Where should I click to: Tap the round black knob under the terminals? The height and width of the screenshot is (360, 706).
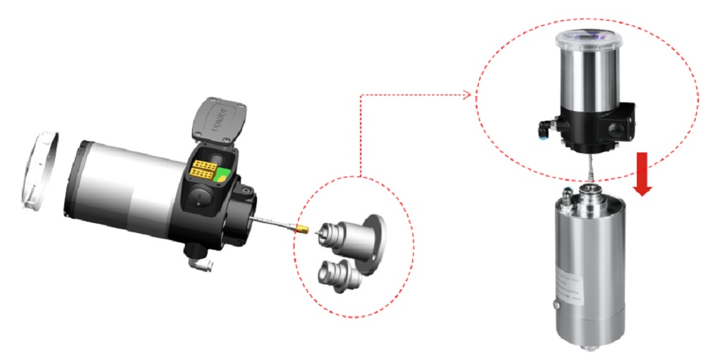click(200, 198)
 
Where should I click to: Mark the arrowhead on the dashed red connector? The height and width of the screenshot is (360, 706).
click(467, 95)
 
